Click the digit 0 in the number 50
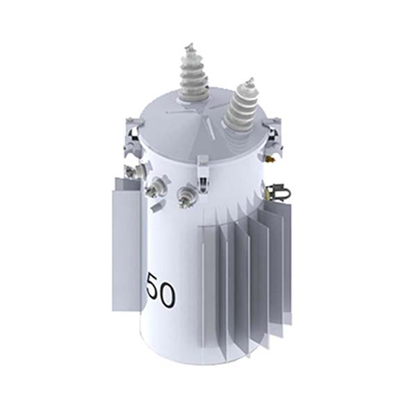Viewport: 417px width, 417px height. (166, 295)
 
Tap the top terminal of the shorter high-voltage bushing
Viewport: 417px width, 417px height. (245, 83)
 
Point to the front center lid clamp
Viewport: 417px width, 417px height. (203, 172)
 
